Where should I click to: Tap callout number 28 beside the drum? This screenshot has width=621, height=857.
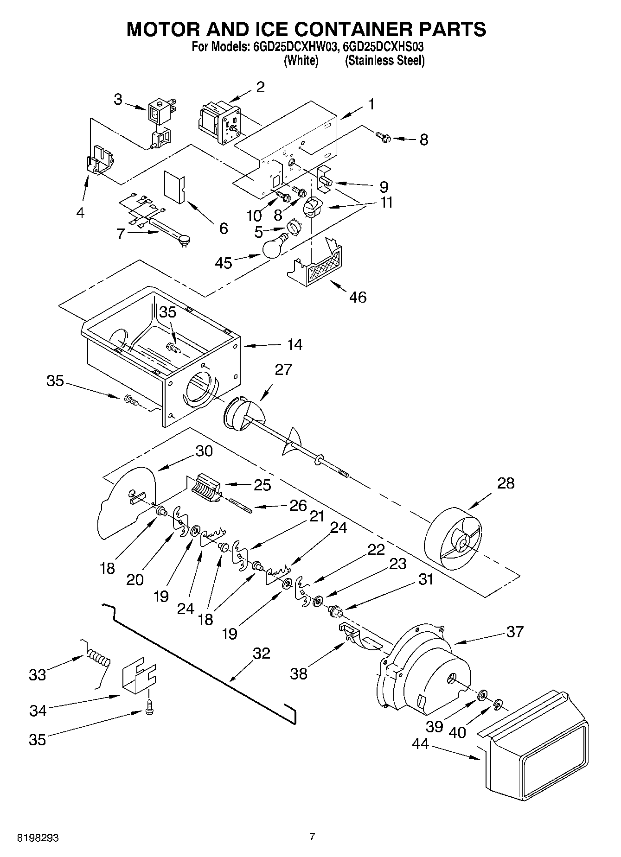pyautogui.click(x=506, y=483)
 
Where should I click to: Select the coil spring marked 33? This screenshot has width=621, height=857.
pyautogui.click(x=98, y=659)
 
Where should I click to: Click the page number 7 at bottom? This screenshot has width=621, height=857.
pyautogui.click(x=312, y=836)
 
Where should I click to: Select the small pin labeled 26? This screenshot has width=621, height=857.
pyautogui.click(x=240, y=505)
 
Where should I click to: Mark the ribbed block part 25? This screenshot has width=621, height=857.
pyautogui.click(x=205, y=488)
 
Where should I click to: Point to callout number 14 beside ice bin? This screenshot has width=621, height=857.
pyautogui.click(x=294, y=344)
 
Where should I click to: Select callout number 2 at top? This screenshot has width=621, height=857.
pyautogui.click(x=261, y=87)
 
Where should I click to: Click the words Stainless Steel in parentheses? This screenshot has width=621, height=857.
pyautogui.click(x=384, y=60)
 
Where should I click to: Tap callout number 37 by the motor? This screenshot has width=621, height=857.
pyautogui.click(x=515, y=631)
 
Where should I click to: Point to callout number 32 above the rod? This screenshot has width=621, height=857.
pyautogui.click(x=261, y=653)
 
